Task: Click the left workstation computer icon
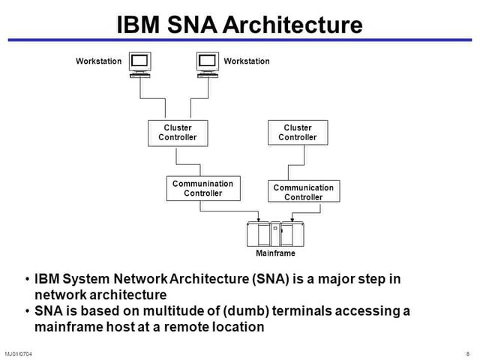pyautogui.click(x=140, y=64)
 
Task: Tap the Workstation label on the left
pyautogui.click(x=98, y=61)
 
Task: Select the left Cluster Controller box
pyautogui.click(x=177, y=132)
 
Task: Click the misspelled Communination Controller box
pyautogui.click(x=202, y=188)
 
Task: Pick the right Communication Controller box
pyautogui.click(x=303, y=192)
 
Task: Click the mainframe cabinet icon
pyautogui.click(x=275, y=235)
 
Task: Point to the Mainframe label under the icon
pyautogui.click(x=275, y=253)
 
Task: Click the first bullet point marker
pyautogui.click(x=27, y=279)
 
